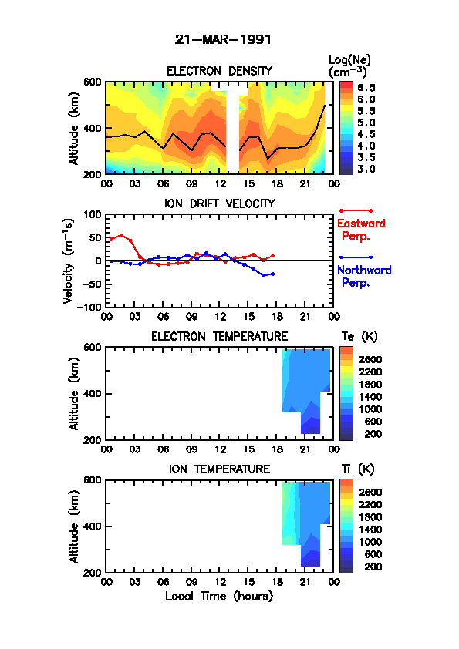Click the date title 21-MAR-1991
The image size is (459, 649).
tap(223, 40)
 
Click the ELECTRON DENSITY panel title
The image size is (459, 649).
tap(219, 71)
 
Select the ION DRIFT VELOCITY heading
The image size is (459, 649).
tap(220, 203)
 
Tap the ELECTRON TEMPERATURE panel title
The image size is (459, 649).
tap(219, 337)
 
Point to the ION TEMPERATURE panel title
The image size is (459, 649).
tap(219, 469)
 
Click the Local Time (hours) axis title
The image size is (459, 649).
tap(219, 597)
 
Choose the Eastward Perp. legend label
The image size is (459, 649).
tap(361, 230)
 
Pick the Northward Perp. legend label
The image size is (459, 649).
tap(364, 276)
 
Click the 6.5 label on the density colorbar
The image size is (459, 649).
tap(366, 88)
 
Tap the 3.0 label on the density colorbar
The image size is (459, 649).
tap(366, 170)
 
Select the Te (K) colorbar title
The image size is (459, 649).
tap(359, 337)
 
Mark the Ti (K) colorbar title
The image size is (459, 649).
tap(358, 469)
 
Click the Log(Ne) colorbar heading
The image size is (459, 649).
tap(349, 60)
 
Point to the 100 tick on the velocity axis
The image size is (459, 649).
tap(93, 214)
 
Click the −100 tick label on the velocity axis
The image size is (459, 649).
tap(89, 307)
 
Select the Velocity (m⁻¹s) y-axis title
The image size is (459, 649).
tap(69, 261)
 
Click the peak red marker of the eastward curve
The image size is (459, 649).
tap(121, 235)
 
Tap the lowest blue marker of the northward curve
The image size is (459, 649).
tap(264, 276)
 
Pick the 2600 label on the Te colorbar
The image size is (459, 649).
tap(370, 359)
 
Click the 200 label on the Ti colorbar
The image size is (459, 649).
tap(373, 567)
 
